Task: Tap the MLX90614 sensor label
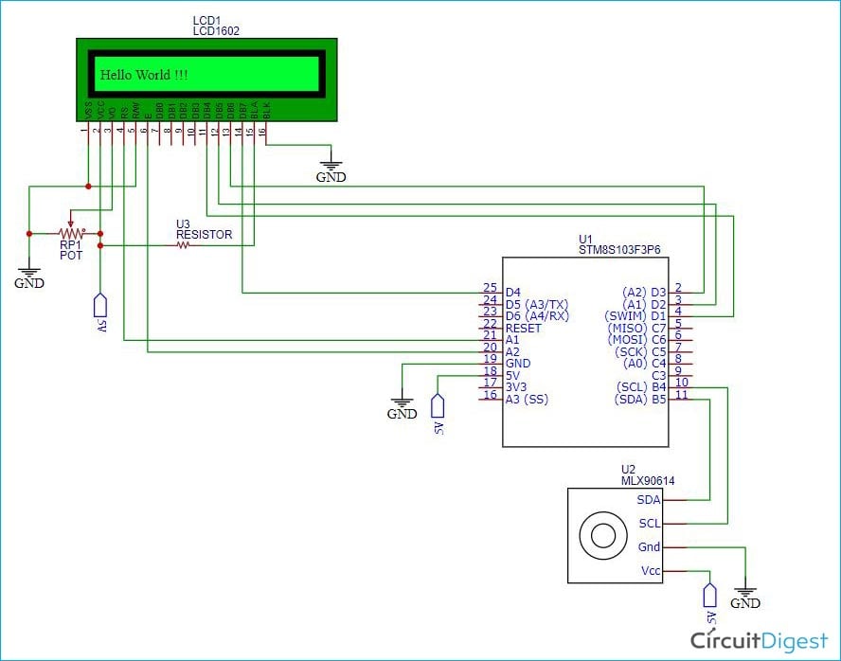pos(647,480)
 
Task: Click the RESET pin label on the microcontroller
pos(524,328)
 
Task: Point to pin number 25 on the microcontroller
pos(490,288)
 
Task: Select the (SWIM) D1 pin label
pos(635,315)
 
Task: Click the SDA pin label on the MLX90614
pos(648,499)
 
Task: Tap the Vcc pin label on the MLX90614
pos(650,570)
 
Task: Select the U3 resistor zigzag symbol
pos(184,245)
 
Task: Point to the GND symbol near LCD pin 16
pos(331,169)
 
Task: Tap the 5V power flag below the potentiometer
pos(99,309)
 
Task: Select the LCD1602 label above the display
pos(216,30)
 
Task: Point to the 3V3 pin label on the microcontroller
pos(517,386)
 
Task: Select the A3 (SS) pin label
pos(527,399)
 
